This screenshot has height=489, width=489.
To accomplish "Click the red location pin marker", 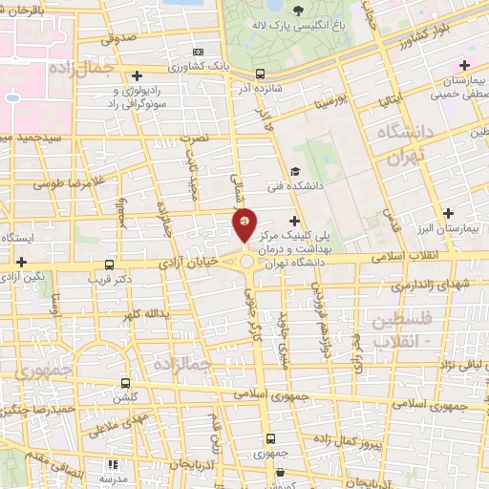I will pyautogui.click(x=245, y=224).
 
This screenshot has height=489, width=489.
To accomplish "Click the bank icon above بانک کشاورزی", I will pyautogui.click(x=198, y=51).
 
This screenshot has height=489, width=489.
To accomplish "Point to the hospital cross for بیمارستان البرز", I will pyautogui.click(x=449, y=213).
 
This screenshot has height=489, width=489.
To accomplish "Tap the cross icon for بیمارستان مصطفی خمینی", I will pyautogui.click(x=464, y=66).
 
